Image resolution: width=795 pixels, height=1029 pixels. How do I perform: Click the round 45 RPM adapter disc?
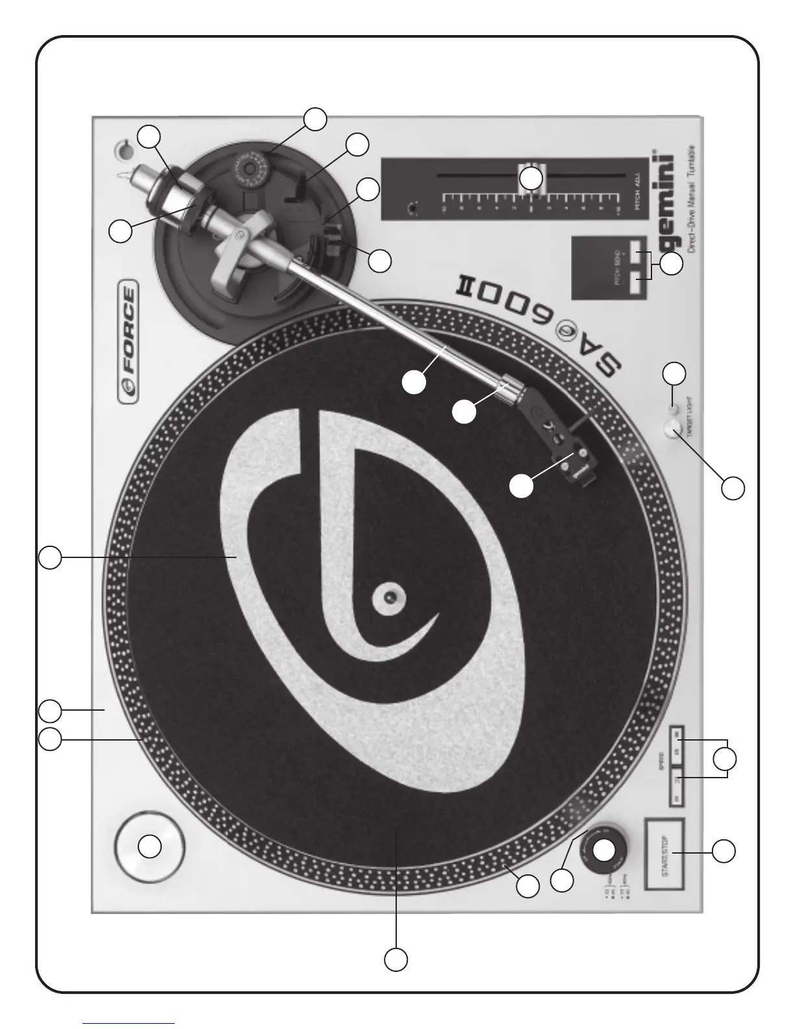(150, 846)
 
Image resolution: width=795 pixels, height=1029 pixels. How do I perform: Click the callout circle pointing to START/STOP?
(724, 852)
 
